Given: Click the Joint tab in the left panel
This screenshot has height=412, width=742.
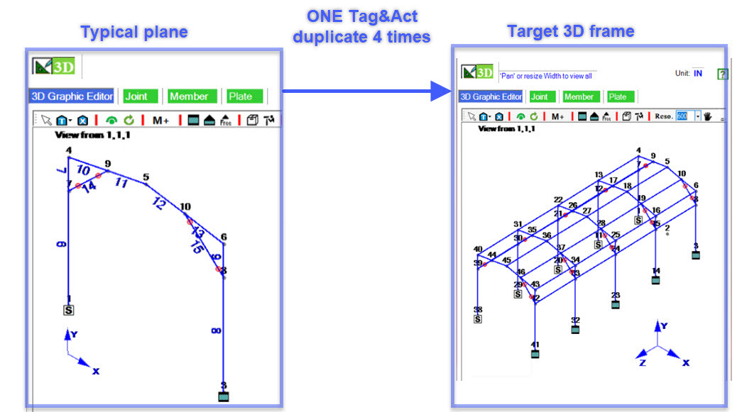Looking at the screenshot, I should (x=141, y=96).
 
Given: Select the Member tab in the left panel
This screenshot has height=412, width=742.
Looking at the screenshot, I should (x=189, y=96).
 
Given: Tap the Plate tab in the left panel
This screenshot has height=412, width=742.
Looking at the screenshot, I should (x=245, y=96).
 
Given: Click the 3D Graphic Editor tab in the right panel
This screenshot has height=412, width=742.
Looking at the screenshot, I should (x=491, y=96).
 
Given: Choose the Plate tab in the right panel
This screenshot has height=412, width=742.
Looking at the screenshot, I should (x=617, y=96).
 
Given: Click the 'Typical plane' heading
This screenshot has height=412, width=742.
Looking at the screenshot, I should (x=134, y=32).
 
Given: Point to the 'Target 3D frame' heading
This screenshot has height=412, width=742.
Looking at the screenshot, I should (x=570, y=30).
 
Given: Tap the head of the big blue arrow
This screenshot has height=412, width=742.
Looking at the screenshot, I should (x=441, y=91).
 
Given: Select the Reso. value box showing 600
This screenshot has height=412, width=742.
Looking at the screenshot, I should (x=682, y=116).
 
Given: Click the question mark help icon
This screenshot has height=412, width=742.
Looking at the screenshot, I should (x=722, y=74).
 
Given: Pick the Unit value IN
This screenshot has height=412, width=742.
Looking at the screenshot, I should (x=698, y=73).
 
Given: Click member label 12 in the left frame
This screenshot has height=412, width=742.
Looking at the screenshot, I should (x=158, y=204).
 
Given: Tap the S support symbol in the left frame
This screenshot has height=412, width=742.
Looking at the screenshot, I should (x=69, y=310).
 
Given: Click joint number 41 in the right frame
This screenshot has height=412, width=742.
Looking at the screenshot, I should (x=535, y=345).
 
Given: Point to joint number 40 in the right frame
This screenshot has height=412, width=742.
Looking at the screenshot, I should (x=478, y=249).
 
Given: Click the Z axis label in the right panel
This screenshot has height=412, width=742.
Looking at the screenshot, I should (x=643, y=362).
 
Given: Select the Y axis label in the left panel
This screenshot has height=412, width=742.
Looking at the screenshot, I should (x=74, y=333).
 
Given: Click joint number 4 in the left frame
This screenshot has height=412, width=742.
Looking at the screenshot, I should (x=69, y=150).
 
